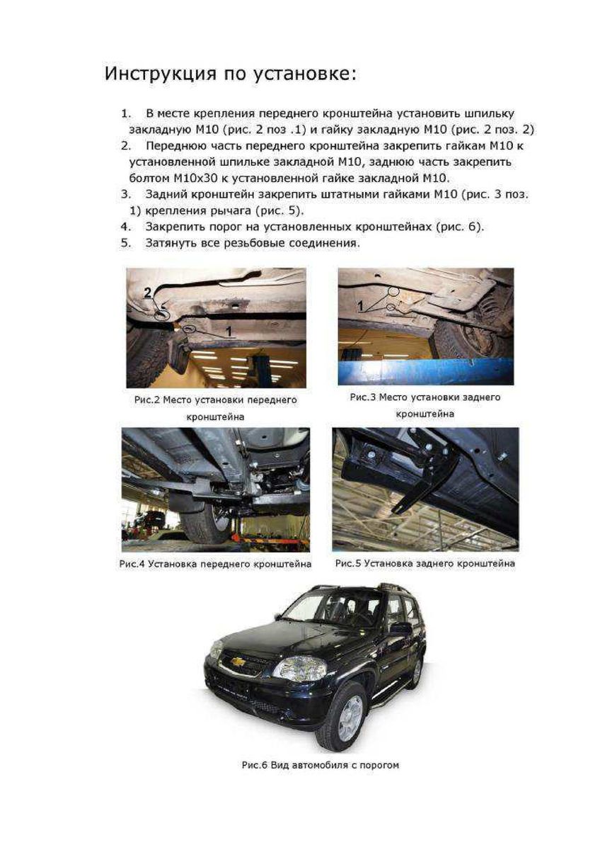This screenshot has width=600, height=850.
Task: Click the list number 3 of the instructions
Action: coord(127,193)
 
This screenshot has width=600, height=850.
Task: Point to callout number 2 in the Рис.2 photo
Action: coord(149,292)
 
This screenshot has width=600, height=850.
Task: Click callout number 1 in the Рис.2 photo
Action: coord(228,330)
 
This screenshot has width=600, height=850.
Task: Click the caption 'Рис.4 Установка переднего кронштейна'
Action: coord(215,565)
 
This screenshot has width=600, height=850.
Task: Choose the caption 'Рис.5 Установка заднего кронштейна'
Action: coord(425,564)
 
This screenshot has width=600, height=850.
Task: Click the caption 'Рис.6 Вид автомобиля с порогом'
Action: coord(320,765)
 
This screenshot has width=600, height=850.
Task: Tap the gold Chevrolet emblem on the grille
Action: coord(239,662)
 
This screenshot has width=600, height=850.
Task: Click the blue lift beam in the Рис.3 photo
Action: coord(425,371)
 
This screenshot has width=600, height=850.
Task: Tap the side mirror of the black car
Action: coord(401,628)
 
